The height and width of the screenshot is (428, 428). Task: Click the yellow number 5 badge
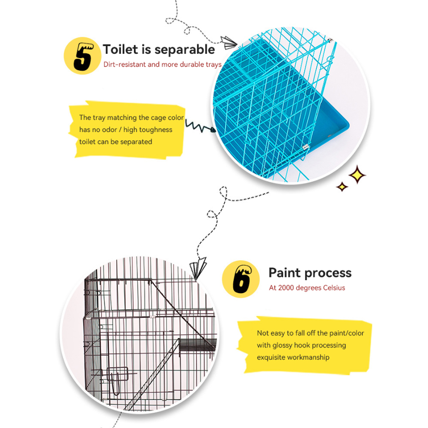click(83, 56)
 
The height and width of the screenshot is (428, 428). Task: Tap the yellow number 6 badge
click(241, 279)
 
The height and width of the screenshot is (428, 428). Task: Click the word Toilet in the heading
click(120, 49)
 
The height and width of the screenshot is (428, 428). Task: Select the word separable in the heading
click(185, 50)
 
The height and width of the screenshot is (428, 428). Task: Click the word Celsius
click(334, 288)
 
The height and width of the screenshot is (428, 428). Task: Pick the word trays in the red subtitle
click(214, 65)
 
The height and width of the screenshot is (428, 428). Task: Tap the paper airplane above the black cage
click(199, 269)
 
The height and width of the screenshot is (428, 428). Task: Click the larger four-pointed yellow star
click(357, 175)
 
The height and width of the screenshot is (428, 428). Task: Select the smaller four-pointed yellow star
click(342, 187)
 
